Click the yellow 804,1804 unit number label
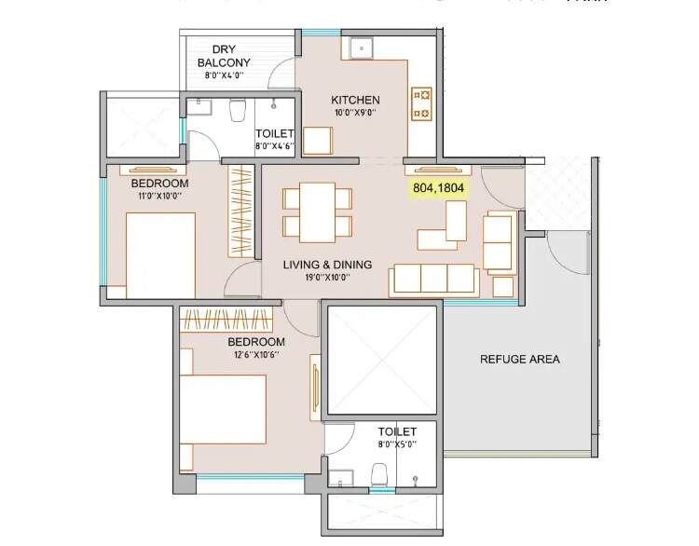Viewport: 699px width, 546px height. (x=440, y=186)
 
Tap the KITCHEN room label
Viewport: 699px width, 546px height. (x=355, y=100)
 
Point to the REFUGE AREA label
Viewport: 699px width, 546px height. (x=519, y=359)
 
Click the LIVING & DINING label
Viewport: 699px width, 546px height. (x=327, y=265)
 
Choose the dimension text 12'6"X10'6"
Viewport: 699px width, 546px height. (x=256, y=355)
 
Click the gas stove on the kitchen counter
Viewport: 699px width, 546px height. (x=421, y=103)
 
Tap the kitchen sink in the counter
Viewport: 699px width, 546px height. (x=358, y=48)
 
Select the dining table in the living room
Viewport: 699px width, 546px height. (x=317, y=212)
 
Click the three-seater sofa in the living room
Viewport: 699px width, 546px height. (x=435, y=278)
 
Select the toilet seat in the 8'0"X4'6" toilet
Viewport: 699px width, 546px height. (x=237, y=111)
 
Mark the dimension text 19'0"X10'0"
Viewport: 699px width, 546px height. (x=327, y=279)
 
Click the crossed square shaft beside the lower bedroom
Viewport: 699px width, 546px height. (x=381, y=359)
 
